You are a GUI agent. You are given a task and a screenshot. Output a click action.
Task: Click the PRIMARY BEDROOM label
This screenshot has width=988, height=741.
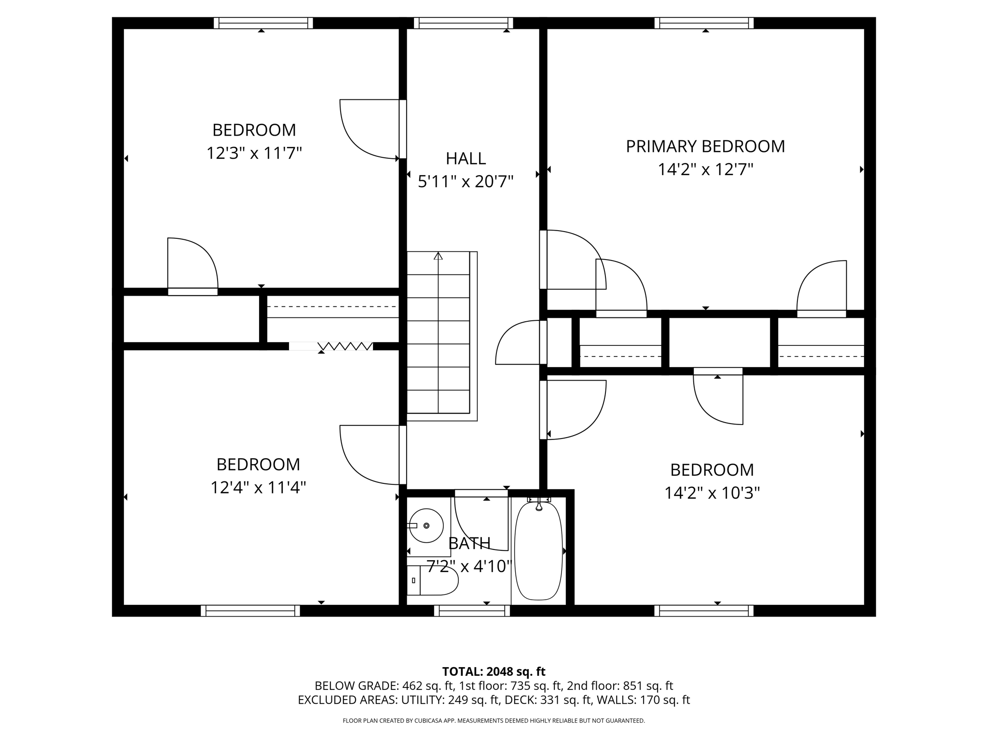tap(705, 146)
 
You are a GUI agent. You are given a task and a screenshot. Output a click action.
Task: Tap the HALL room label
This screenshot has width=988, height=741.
tap(466, 158)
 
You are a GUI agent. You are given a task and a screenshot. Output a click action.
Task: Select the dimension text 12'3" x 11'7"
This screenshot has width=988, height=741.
tap(254, 153)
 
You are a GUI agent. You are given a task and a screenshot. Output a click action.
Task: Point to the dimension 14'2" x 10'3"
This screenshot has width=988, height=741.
tap(712, 493)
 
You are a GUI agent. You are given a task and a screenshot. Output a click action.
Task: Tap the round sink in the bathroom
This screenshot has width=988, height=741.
tap(426, 525)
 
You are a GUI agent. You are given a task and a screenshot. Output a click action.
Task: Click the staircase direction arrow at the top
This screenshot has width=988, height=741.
tap(438, 256)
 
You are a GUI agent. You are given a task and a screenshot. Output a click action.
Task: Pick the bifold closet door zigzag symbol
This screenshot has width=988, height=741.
tap(345, 346)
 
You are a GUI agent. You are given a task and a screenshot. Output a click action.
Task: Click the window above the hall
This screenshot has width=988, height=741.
tap(463, 23)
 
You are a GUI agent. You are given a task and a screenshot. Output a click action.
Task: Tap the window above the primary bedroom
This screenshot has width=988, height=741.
tap(704, 23)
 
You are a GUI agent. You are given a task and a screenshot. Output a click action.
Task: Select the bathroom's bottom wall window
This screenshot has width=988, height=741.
tap(472, 611)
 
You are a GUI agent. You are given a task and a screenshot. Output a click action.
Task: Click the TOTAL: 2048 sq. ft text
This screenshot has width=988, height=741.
tap(494, 672)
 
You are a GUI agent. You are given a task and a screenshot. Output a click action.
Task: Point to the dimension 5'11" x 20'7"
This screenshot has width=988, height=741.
tap(466, 182)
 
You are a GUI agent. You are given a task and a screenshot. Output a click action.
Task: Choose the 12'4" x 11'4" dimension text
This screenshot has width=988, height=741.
tap(258, 488)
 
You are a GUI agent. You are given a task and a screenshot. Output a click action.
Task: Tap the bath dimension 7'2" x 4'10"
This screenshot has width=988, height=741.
tap(469, 566)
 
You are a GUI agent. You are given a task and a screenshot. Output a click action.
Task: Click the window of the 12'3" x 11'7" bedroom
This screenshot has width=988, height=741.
tap(263, 23)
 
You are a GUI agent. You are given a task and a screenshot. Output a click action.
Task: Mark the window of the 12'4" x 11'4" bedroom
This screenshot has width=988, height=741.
tap(250, 611)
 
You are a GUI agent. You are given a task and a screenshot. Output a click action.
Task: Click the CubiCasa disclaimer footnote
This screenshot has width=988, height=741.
tap(494, 721)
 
